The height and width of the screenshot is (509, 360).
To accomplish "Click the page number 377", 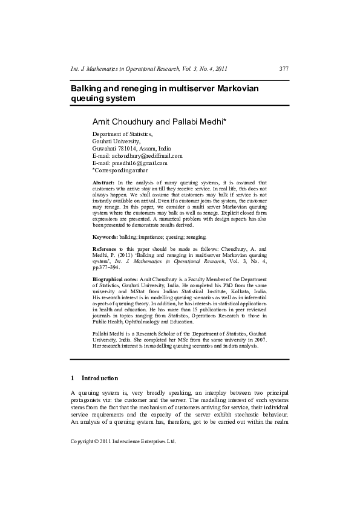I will tap(284, 69).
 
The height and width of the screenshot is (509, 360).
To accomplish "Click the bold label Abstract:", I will tap(103, 182).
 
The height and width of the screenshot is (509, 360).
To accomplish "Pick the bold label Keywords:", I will tap(105, 237).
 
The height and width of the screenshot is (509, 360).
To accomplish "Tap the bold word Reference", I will tap(104, 248).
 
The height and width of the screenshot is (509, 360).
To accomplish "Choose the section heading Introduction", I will tap(100, 378).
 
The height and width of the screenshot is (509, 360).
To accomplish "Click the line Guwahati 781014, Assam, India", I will tap(131, 148).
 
